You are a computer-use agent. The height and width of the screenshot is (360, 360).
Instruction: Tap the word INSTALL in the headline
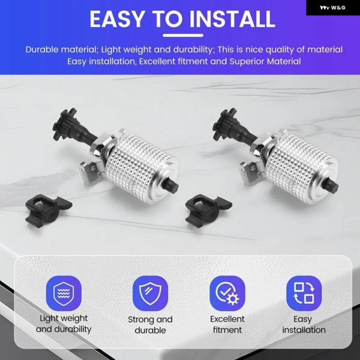pyautogui.click(x=232, y=19)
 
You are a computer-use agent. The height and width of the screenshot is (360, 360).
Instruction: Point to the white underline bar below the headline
pyautogui.click(x=183, y=35)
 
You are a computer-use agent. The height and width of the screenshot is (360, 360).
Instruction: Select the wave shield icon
pyautogui.click(x=64, y=293)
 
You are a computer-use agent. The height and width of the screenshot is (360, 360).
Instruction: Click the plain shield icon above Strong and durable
pyautogui.click(x=150, y=293)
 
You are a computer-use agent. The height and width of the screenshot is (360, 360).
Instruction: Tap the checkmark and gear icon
pyautogui.click(x=227, y=293)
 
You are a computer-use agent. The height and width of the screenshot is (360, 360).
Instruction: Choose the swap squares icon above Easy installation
pyautogui.click(x=304, y=293)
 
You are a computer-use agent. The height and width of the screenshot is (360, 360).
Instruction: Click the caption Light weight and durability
pyautogui.click(x=64, y=324)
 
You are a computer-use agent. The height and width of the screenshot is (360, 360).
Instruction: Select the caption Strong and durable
pyautogui.click(x=150, y=325)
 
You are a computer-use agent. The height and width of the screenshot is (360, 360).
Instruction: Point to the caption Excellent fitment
pyautogui.click(x=227, y=324)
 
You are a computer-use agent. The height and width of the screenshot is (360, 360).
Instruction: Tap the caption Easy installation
pyautogui.click(x=304, y=324)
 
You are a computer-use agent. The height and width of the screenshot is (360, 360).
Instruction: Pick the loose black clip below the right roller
pyautogui.click(x=208, y=211)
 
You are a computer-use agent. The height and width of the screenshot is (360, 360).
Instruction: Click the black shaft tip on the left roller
pyautogui.click(x=172, y=185)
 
